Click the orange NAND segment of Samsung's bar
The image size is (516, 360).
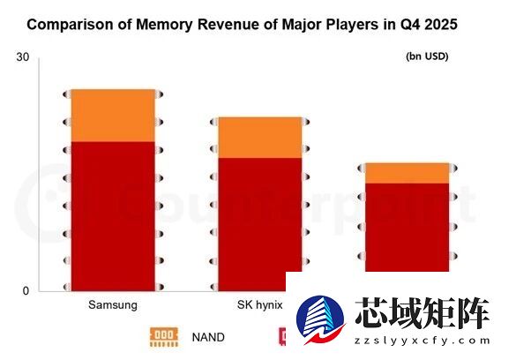[113, 116]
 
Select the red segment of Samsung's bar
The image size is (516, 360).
[113, 216]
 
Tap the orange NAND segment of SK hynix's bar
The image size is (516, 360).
[260, 137]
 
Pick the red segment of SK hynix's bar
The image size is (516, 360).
[260, 221]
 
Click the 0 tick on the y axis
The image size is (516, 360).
[26, 291]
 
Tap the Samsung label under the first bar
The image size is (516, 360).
[113, 306]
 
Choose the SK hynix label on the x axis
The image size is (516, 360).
[259, 306]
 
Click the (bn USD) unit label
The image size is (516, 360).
[427, 57]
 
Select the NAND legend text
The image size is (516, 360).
[208, 337]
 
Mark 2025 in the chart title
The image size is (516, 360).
[440, 25]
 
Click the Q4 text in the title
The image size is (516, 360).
[402, 25]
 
